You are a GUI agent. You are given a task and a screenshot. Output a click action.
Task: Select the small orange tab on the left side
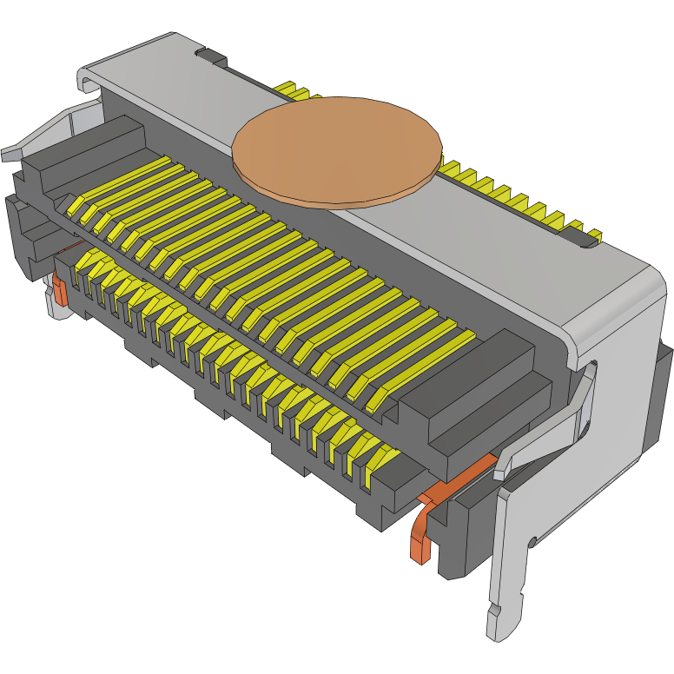[x=59, y=291]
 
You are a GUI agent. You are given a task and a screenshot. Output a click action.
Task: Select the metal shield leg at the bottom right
[x=508, y=599]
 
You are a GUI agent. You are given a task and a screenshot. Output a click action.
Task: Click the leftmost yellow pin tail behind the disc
[x=287, y=87]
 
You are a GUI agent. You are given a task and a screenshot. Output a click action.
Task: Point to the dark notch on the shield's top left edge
[x=210, y=58]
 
